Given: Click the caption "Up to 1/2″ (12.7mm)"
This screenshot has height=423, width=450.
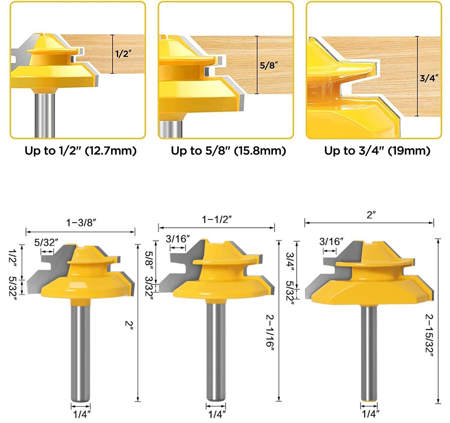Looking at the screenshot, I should point(80,151).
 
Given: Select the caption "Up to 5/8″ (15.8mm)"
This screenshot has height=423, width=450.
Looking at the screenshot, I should point(228,151).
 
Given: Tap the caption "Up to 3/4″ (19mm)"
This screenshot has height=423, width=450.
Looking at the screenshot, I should point(377,151).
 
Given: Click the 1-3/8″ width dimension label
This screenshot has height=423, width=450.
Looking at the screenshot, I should point(81,223).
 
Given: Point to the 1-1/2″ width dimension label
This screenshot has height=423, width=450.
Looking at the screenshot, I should point(217,220).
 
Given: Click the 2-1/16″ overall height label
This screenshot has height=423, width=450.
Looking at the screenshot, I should point(270,330).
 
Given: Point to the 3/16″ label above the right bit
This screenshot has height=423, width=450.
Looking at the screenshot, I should point(331,241).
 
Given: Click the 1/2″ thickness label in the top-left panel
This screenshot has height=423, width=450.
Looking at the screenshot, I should point(123,54).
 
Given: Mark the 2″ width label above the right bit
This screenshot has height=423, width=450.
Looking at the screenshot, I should point(371,215).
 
